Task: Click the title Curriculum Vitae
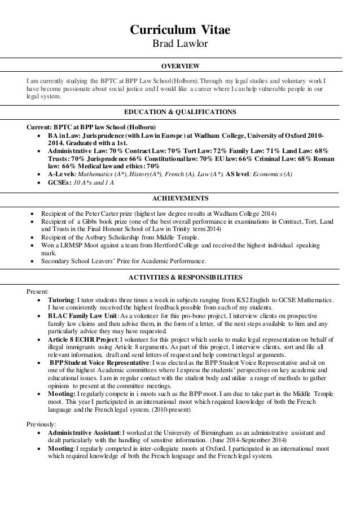(180, 29)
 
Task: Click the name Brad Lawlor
(180, 43)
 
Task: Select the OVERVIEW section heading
(180, 65)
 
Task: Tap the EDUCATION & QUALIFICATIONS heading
(180, 111)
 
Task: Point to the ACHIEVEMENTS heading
(180, 199)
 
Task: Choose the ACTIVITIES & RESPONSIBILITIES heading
(180, 277)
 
